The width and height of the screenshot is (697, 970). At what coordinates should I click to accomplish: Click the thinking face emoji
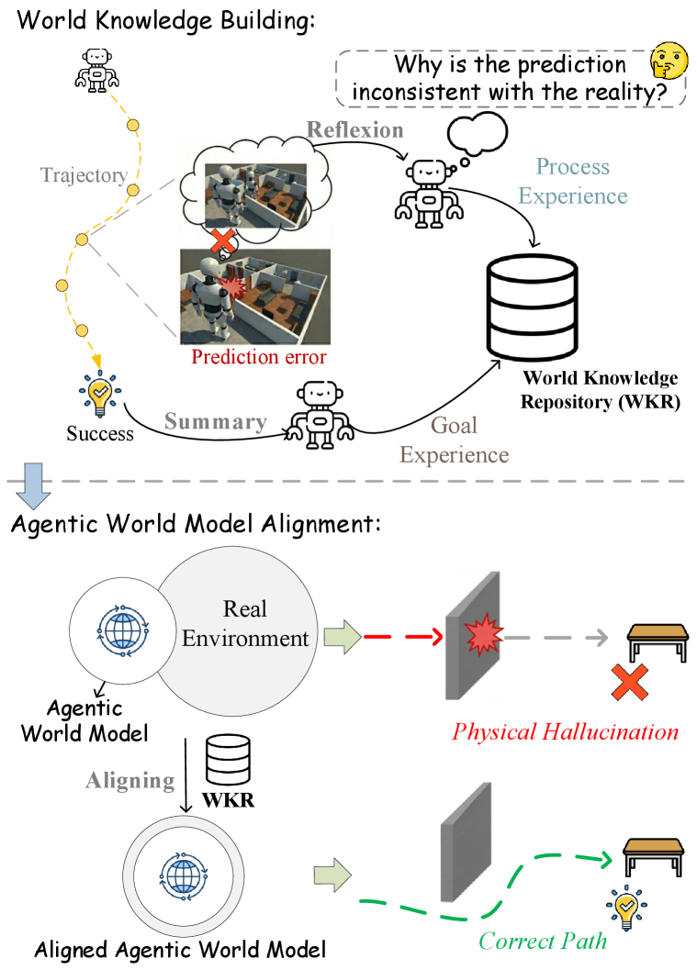click(x=669, y=62)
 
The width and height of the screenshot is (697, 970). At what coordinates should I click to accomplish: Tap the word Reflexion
click(x=354, y=129)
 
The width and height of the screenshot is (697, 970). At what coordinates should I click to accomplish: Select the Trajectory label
click(x=84, y=175)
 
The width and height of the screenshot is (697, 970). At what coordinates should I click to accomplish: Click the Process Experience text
click(x=572, y=182)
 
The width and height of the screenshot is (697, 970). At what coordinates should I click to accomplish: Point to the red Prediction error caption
click(x=258, y=358)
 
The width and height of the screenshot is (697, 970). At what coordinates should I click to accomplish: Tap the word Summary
click(x=216, y=422)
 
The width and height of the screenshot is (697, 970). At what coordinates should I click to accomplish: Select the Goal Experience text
click(x=454, y=440)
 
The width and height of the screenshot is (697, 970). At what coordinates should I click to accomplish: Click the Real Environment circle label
click(x=245, y=624)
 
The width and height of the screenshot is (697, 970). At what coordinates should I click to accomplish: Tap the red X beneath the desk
click(x=630, y=682)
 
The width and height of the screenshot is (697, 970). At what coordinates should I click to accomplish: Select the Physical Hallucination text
click(x=565, y=731)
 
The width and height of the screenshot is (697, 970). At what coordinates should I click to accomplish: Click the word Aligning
click(x=129, y=781)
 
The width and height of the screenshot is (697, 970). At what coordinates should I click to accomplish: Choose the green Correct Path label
click(x=543, y=941)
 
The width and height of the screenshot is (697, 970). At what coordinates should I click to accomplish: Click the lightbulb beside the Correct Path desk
click(x=625, y=908)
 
